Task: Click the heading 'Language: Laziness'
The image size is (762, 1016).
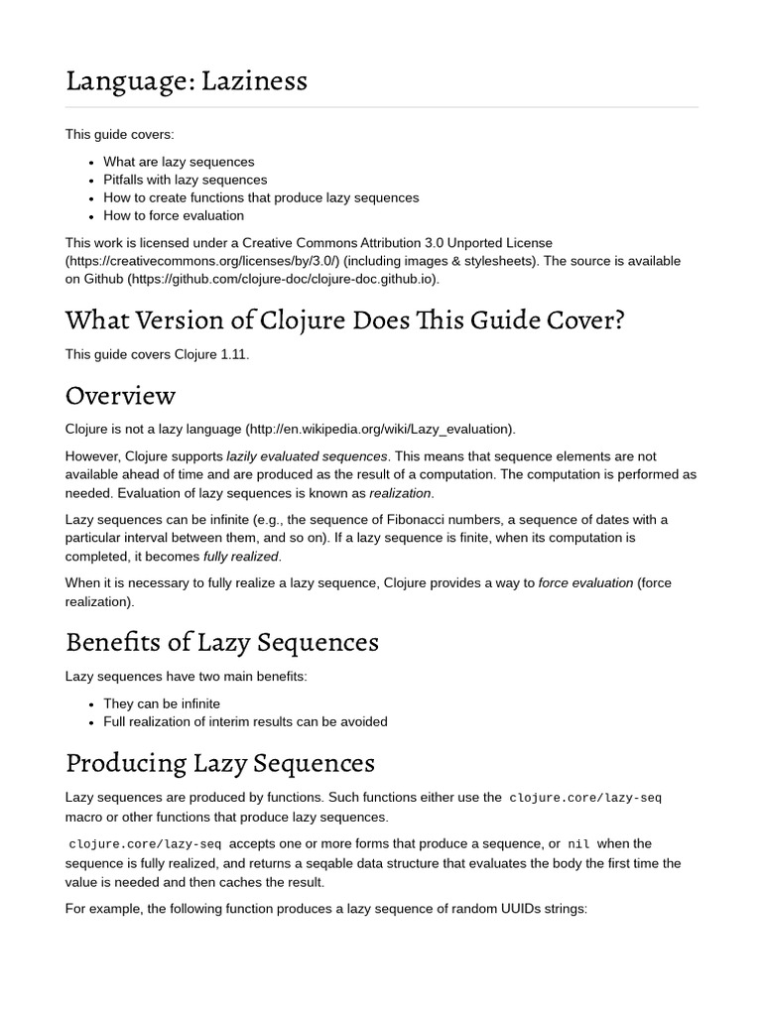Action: pyautogui.click(x=186, y=80)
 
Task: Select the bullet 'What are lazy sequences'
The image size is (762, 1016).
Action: pyautogui.click(x=179, y=162)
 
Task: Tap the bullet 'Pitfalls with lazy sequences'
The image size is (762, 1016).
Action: pyautogui.click(x=185, y=180)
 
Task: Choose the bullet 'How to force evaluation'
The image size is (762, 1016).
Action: pyautogui.click(x=173, y=215)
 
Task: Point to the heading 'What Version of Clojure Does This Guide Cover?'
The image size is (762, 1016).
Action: pyautogui.click(x=344, y=320)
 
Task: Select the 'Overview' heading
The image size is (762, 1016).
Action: pyautogui.click(x=120, y=395)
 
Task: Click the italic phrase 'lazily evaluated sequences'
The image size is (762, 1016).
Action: pyautogui.click(x=307, y=456)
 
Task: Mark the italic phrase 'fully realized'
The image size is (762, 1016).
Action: pyautogui.click(x=241, y=557)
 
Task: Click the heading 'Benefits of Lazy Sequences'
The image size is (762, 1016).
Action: pyautogui.click(x=221, y=642)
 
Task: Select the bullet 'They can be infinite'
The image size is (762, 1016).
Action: pyautogui.click(x=162, y=703)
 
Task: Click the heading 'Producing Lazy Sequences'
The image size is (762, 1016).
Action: pyautogui.click(x=219, y=763)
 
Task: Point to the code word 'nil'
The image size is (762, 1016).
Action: pyautogui.click(x=578, y=844)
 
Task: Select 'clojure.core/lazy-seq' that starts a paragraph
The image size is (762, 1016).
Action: pyautogui.click(x=145, y=844)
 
